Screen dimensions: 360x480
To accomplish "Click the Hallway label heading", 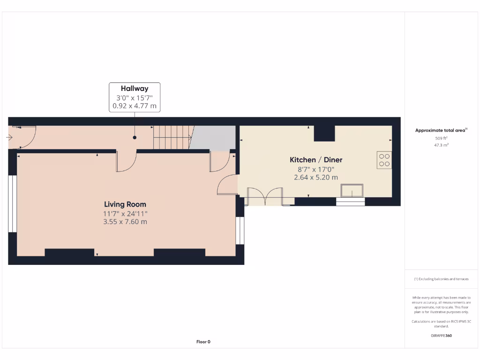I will pyautogui.click(x=135, y=88).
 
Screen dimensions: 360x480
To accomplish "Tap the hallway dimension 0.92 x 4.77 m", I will pyautogui.click(x=135, y=106).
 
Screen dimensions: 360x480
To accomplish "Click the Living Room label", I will pyautogui.click(x=125, y=204).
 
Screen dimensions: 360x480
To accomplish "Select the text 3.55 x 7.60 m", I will pyautogui.click(x=125, y=222).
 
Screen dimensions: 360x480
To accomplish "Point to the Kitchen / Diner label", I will pyautogui.click(x=316, y=160).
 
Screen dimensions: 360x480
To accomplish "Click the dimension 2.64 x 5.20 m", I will pyautogui.click(x=316, y=178).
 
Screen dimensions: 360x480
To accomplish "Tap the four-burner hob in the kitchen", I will pyautogui.click(x=384, y=160).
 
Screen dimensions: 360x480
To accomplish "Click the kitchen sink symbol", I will pyautogui.click(x=352, y=191).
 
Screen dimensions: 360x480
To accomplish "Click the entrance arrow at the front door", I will pyautogui.click(x=10, y=137).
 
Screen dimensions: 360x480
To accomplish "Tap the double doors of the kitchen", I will pyautogui.click(x=265, y=196).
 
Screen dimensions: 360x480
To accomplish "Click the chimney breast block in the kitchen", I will pyautogui.click(x=324, y=133).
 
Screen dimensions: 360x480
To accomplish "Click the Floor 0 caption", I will pyautogui.click(x=203, y=342).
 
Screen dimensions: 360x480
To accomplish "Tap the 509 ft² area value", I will pyautogui.click(x=441, y=138).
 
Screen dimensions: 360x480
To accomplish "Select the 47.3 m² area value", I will pyautogui.click(x=441, y=145).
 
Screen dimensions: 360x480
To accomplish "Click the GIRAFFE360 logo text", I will pyautogui.click(x=441, y=336).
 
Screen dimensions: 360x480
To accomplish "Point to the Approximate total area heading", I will pyautogui.click(x=440, y=130).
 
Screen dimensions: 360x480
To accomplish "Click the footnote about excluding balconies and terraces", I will pyautogui.click(x=441, y=279).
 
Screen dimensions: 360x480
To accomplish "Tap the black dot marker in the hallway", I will pyautogui.click(x=135, y=138).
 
